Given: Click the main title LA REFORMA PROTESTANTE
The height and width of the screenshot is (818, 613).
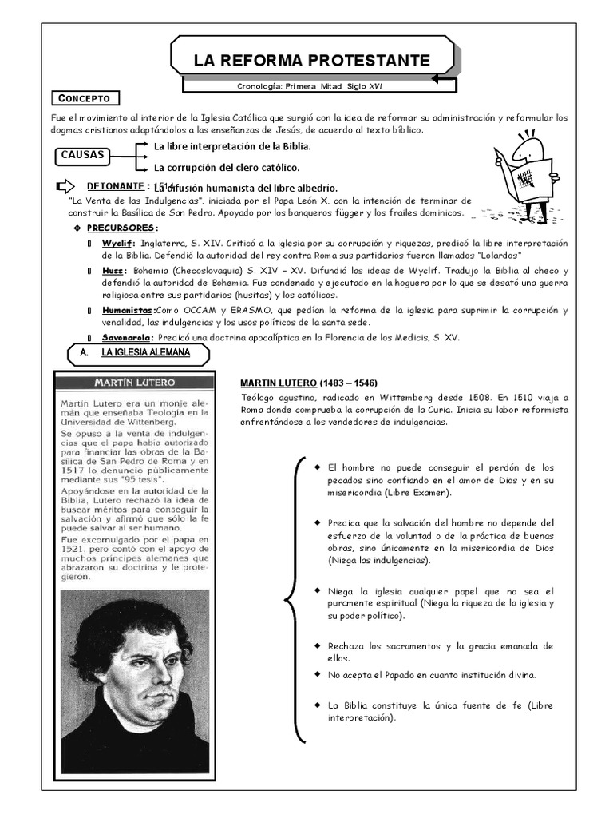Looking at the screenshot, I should click(x=311, y=61).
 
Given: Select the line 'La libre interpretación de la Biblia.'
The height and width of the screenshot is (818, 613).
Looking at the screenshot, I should click(x=232, y=147).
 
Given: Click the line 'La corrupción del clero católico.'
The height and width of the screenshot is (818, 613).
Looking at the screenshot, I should click(x=227, y=168).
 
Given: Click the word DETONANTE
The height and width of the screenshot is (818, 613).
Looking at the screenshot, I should click(x=114, y=186).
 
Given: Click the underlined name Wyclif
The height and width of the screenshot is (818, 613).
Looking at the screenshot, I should click(x=118, y=243).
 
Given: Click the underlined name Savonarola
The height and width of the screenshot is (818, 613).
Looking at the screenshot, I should click(x=128, y=337).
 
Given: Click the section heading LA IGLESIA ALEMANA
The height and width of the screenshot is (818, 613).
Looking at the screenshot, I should click(x=145, y=352).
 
